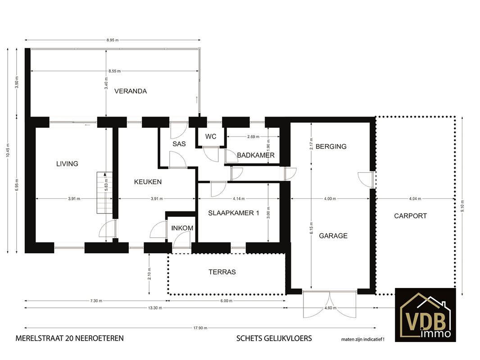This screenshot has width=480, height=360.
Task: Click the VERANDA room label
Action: (131, 91)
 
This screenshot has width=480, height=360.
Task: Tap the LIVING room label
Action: (67, 164)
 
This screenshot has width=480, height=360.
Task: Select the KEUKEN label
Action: (148, 182)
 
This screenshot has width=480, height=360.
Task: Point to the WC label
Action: (211, 136)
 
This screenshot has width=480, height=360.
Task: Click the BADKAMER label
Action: (256, 155)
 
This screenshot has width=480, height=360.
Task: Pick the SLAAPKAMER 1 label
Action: (234, 213)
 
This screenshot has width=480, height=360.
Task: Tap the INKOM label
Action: (182, 228)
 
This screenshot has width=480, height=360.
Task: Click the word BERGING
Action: (331, 147)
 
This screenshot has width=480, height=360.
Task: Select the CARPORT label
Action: (410, 216)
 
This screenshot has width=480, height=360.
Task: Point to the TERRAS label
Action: (222, 272)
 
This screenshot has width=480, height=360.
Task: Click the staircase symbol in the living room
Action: (105, 193)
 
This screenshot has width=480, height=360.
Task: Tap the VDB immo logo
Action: (425, 315)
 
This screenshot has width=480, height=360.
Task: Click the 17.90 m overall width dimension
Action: (200, 328)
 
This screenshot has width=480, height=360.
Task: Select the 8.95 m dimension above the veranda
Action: (113, 40)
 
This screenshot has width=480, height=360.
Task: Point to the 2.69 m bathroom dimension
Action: (253, 137)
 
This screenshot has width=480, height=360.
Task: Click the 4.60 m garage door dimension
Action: (331, 308)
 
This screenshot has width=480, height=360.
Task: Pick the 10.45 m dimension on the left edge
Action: (8, 150)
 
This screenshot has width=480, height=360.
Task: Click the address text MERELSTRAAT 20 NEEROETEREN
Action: (69, 338)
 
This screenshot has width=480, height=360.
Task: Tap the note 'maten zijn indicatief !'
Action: (363, 339)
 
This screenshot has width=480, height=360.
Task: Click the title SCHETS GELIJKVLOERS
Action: (274, 338)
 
